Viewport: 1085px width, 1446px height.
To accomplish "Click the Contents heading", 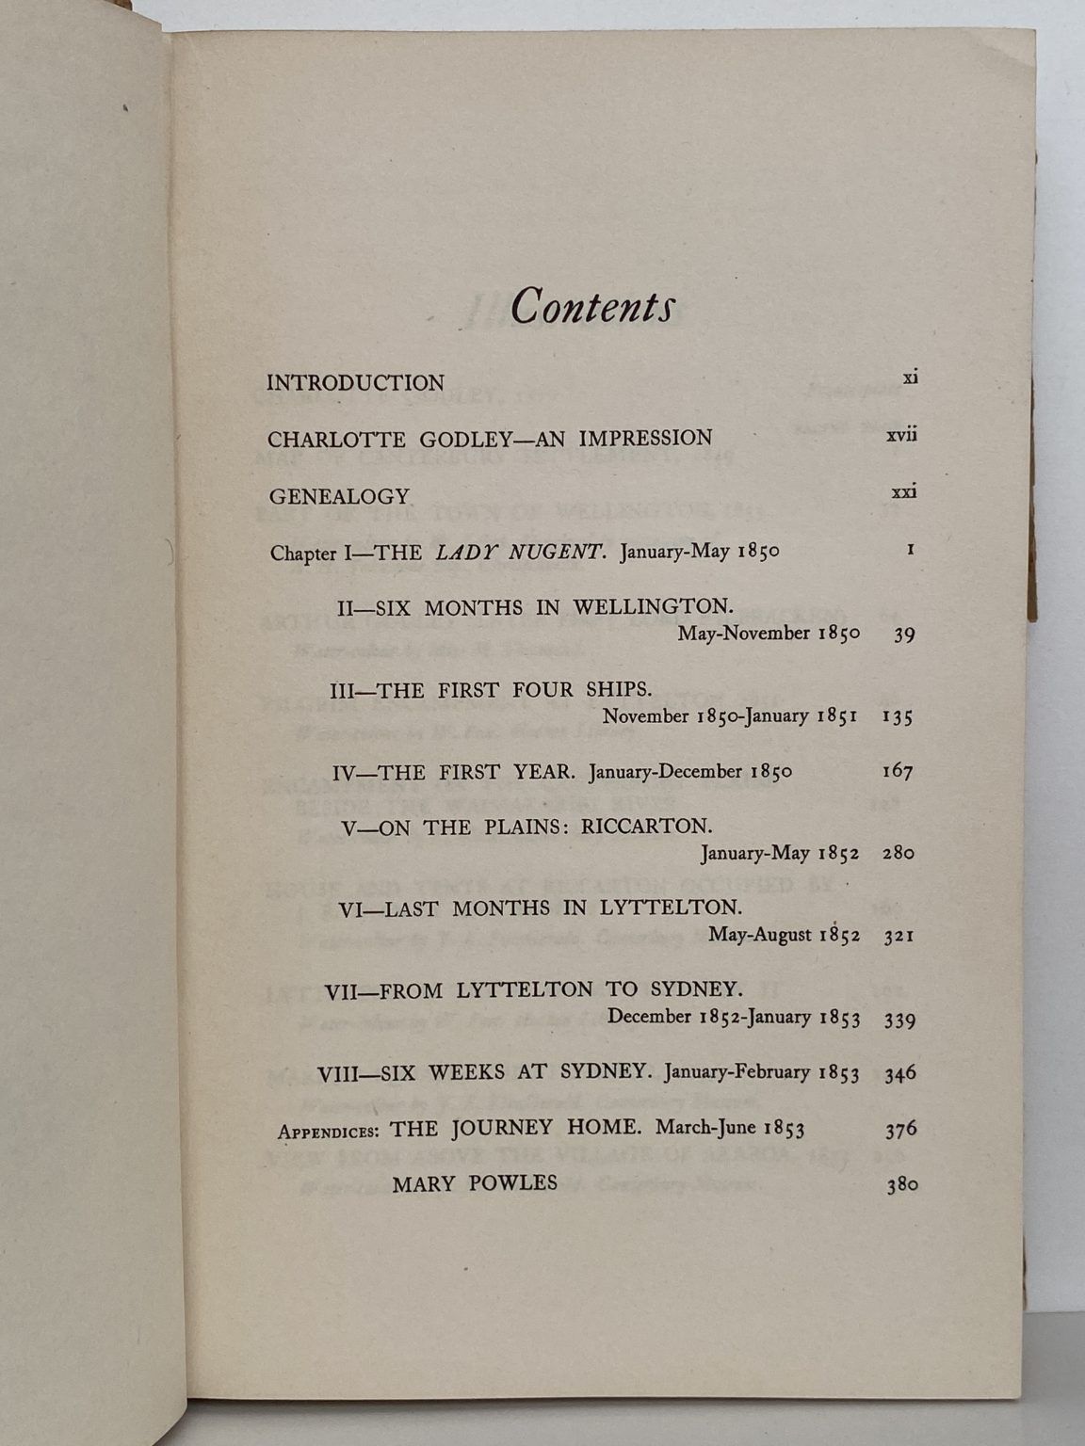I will (592, 306).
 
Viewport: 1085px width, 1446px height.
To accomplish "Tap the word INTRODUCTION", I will (355, 383).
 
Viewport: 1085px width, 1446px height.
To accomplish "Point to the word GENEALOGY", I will (339, 496).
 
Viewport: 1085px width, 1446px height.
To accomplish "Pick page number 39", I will (904, 635).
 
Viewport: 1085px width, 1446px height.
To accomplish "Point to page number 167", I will (898, 772).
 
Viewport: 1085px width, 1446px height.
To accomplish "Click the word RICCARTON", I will (647, 827).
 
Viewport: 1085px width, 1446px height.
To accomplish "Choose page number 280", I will (899, 854).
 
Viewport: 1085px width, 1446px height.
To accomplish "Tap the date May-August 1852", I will (784, 935).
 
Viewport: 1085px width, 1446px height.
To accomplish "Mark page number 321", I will (899, 937).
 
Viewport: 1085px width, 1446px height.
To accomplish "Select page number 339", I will (899, 1019).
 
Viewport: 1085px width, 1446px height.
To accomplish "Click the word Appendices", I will (329, 1132).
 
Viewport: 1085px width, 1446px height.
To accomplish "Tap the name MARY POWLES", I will (475, 1183).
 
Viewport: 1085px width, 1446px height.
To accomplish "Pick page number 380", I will (901, 1185).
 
